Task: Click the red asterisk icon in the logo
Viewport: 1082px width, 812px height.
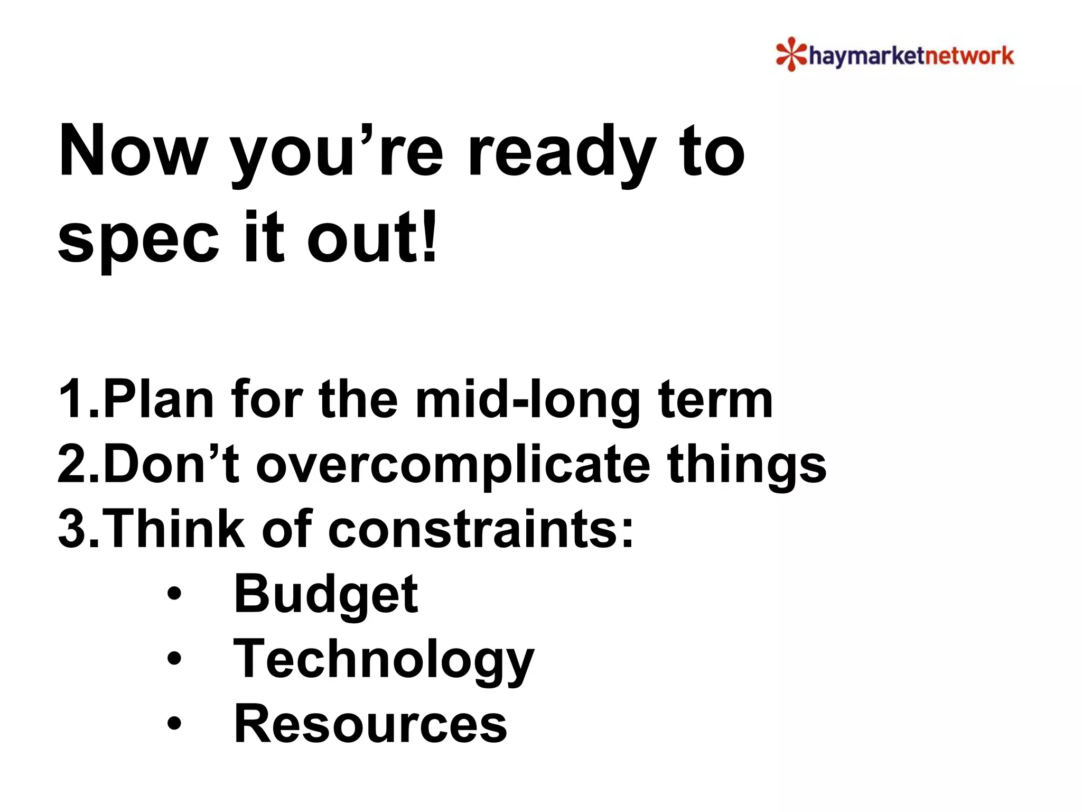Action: [x=791, y=54]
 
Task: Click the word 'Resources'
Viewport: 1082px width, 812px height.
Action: [x=370, y=724]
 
